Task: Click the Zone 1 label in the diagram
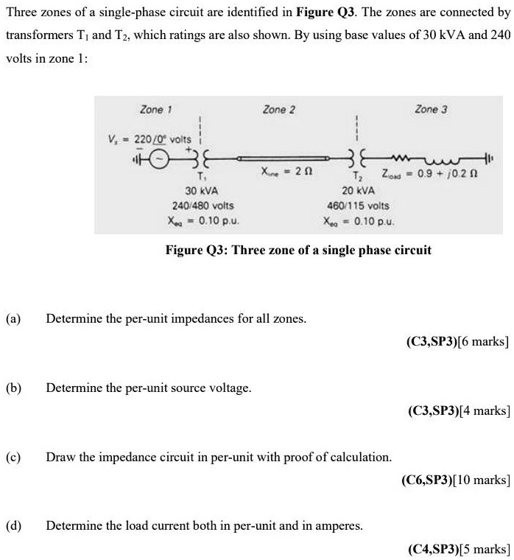pyautogui.click(x=156, y=110)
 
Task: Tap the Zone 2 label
pyautogui.click(x=279, y=110)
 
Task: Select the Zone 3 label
pyautogui.click(x=431, y=110)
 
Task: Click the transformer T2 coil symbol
pyautogui.click(x=358, y=157)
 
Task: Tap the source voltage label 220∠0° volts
pyautogui.click(x=149, y=139)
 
